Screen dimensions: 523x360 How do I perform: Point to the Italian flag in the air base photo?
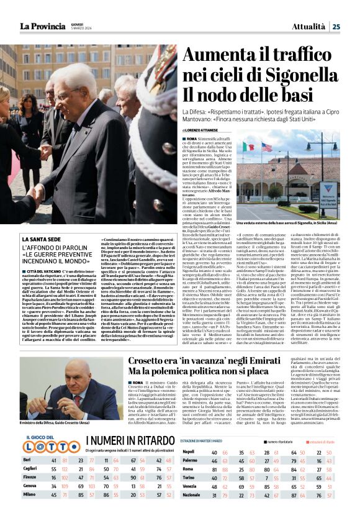249,147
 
